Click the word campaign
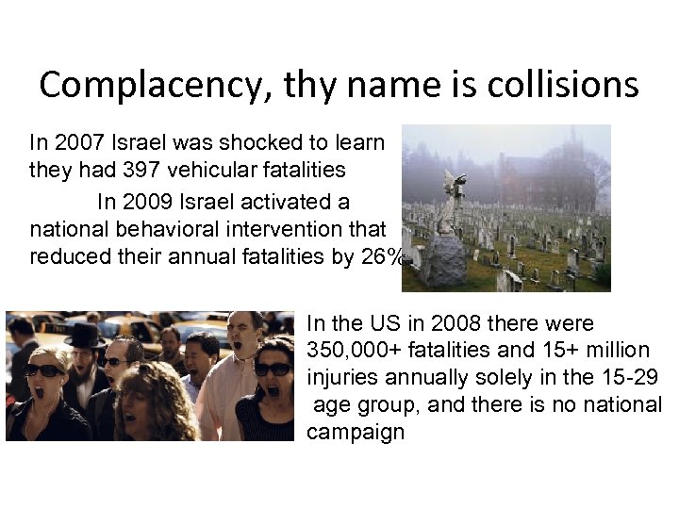[356, 435]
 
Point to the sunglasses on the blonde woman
[45, 369]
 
